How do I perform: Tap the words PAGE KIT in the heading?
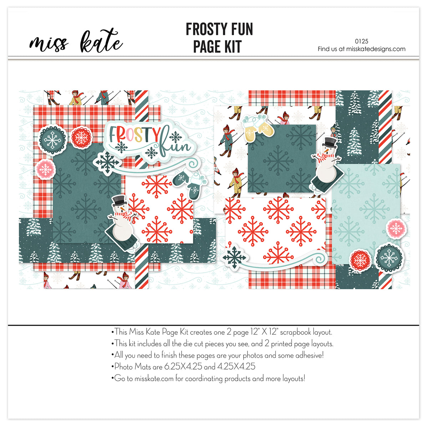point(217,47)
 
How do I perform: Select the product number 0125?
point(362,41)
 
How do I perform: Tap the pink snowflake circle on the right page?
point(395,228)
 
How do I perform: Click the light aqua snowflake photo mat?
point(366,207)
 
